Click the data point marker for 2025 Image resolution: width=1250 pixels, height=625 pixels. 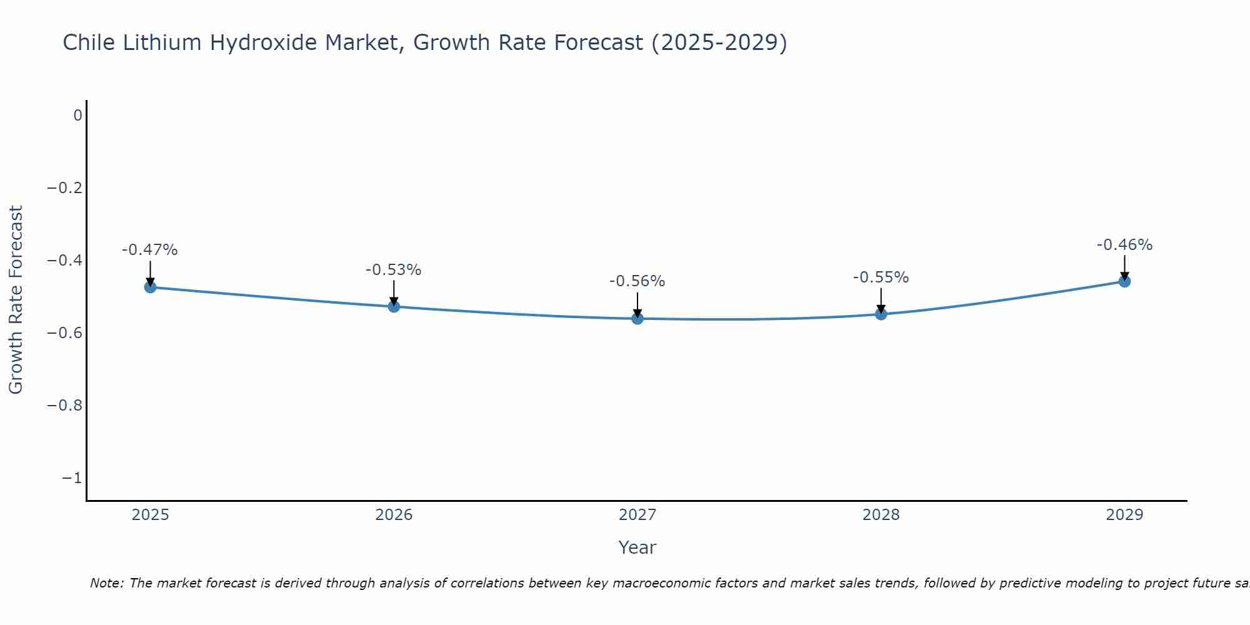pos(150,287)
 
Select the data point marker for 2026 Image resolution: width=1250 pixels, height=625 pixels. pos(394,306)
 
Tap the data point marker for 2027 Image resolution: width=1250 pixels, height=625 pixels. pos(637,319)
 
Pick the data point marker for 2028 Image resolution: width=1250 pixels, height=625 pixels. pos(881,314)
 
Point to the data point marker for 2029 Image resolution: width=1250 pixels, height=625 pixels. pos(1124,281)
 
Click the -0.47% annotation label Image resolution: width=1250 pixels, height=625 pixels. pos(150,250)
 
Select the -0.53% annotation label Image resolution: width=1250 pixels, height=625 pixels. pos(394,270)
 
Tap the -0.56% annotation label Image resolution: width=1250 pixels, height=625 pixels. pos(637,281)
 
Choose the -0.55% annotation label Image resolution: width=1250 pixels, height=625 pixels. pos(881,277)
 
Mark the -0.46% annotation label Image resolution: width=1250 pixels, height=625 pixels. pos(1124,245)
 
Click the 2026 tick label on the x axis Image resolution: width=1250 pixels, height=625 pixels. pos(394,515)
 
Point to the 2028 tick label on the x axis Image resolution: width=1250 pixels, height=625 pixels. pos(881,515)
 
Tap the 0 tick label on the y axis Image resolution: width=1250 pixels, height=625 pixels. pos(77,116)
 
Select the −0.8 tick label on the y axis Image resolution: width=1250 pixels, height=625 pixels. pos(65,406)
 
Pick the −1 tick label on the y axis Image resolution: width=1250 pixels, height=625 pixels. pos(72,478)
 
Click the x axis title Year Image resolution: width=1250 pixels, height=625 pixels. pos(637,547)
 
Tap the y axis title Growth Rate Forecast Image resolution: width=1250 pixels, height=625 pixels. pos(16,300)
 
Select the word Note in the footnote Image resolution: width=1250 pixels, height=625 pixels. pos(106,583)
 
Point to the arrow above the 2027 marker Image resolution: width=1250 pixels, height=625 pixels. pos(637,304)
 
